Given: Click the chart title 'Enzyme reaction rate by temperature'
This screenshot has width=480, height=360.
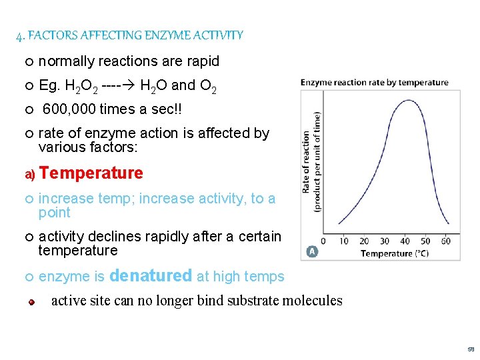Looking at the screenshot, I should (375, 83).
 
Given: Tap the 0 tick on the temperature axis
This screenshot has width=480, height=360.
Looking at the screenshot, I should (323, 241).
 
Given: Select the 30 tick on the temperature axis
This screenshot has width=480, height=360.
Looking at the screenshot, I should (385, 241).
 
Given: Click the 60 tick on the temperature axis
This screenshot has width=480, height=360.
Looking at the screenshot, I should (445, 241).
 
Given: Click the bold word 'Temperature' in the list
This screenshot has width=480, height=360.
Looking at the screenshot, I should (91, 173).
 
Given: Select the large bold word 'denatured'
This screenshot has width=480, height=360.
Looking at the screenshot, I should (150, 276).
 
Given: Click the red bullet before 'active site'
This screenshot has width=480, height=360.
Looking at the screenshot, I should (31, 301).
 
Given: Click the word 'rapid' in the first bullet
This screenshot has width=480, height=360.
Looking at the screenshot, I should (203, 61).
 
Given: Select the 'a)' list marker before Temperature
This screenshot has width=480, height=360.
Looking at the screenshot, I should (30, 174).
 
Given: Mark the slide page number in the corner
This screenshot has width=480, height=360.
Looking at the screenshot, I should (471, 349).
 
